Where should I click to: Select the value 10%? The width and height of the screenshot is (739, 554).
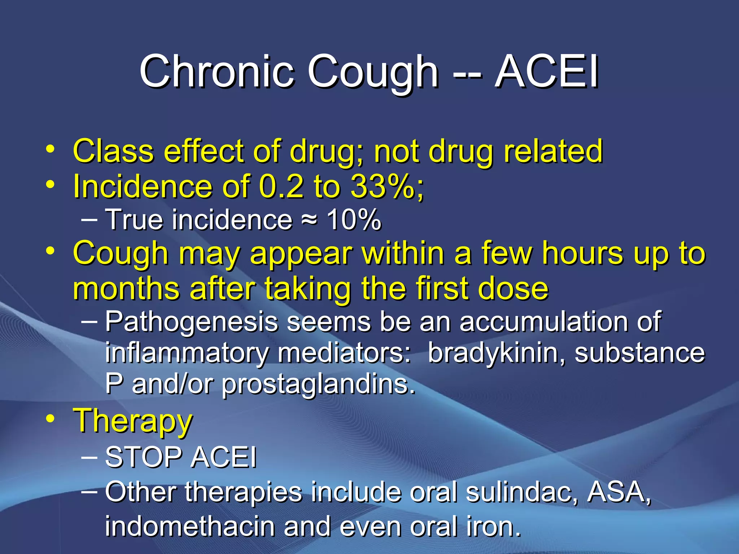click(x=354, y=219)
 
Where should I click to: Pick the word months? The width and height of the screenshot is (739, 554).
click(x=126, y=289)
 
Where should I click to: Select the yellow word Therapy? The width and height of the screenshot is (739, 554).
click(x=133, y=421)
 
